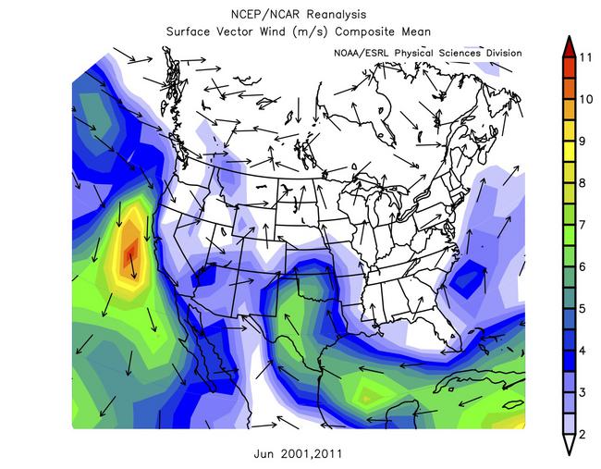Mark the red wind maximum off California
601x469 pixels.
coord(130,251)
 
